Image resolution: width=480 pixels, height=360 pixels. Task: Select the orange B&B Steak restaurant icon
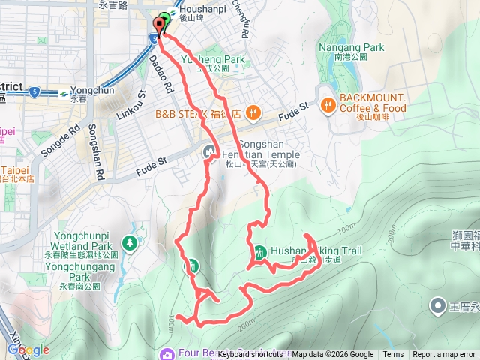254,114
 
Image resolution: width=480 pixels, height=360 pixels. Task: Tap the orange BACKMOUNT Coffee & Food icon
328,106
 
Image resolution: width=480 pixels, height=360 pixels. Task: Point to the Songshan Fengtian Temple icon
209,152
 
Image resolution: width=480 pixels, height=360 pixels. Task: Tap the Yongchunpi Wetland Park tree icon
130,242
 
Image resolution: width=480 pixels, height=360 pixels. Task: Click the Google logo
28,350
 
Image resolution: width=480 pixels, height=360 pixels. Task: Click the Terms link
393,355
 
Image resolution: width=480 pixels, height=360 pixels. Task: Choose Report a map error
444,355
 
